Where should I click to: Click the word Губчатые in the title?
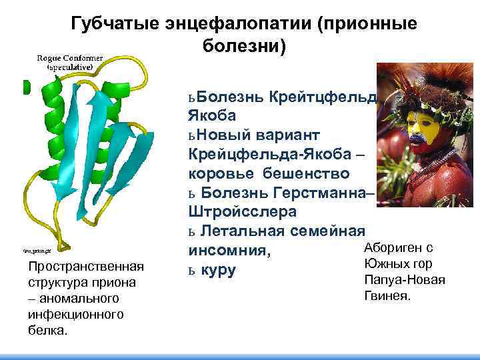click(x=111, y=24)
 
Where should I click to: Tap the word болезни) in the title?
click(x=242, y=47)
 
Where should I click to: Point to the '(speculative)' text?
click(x=69, y=67)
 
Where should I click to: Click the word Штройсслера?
click(x=239, y=212)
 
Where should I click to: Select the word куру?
click(x=218, y=271)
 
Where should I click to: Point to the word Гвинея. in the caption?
click(x=387, y=294)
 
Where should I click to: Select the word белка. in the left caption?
click(x=47, y=329)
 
